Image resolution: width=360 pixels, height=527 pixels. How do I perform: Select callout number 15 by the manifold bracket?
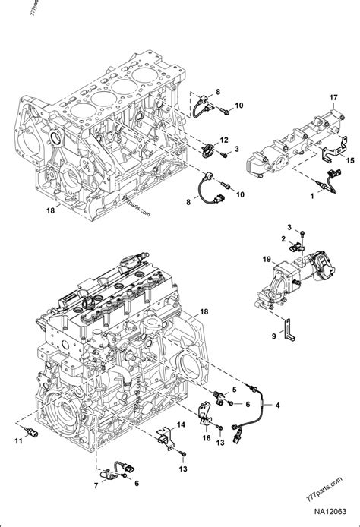click(x=349, y=162)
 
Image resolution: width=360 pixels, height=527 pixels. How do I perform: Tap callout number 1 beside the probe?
click(x=311, y=197)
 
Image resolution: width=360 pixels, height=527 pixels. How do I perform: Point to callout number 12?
click(x=224, y=140)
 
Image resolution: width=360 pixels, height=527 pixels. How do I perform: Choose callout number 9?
click(x=275, y=334)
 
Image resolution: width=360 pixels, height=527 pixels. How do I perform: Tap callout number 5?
click(x=235, y=390)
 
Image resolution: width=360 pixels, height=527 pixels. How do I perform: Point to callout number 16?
click(x=207, y=438)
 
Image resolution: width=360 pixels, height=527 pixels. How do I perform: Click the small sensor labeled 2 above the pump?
click(x=297, y=246)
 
